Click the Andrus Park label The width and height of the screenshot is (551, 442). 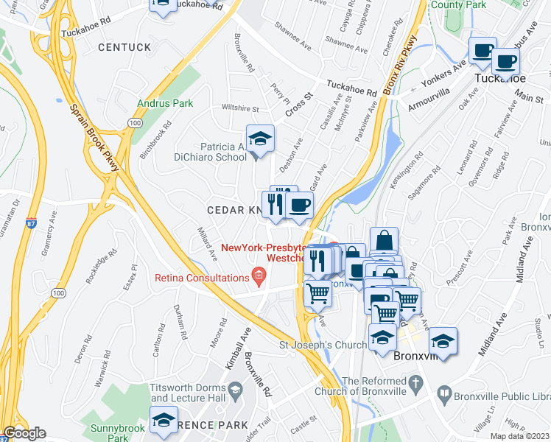coord(167,104)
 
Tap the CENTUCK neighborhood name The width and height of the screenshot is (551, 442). coord(124,47)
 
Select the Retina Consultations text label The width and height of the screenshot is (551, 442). coord(201,278)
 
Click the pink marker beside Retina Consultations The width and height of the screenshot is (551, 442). coord(259,278)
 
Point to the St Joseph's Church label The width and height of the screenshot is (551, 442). coord(326,345)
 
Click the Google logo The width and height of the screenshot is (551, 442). coord(24,433)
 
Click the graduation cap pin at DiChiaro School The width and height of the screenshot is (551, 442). coord(259,138)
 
